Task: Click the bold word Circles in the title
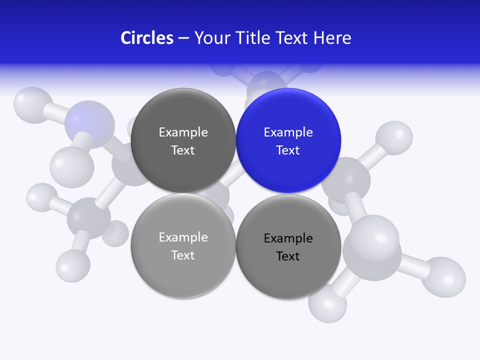tap(147, 38)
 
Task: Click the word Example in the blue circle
tap(288, 132)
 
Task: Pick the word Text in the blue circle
tap(288, 150)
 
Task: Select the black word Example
tap(288, 238)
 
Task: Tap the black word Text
tap(288, 256)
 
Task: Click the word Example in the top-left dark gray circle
tap(183, 132)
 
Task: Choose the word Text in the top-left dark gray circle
tap(183, 150)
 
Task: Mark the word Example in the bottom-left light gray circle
tap(183, 237)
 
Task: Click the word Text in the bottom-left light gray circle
tap(183, 255)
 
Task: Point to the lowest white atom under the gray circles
tap(327, 302)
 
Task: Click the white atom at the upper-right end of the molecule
tap(394, 137)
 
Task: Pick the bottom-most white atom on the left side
tap(73, 264)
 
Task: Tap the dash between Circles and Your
tap(183, 38)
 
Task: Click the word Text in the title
tap(292, 38)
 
